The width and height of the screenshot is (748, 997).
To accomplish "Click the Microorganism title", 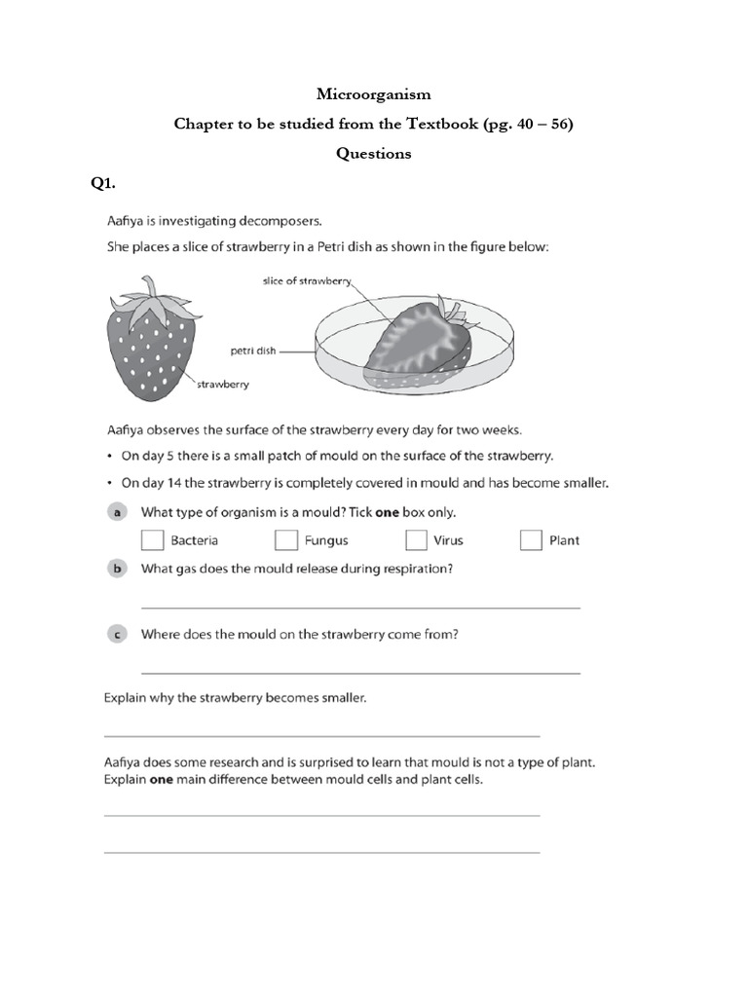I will [373, 94].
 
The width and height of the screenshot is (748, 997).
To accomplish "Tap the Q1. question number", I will [104, 182].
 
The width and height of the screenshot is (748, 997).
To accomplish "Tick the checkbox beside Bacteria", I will [153, 540].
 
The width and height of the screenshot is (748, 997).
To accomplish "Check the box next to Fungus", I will [286, 540].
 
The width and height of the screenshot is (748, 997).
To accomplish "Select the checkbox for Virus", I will [417, 540].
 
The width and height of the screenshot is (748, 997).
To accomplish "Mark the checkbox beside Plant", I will [531, 540].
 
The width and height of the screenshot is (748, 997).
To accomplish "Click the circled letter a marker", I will [116, 511].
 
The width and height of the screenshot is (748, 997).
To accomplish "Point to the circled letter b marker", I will [116, 570].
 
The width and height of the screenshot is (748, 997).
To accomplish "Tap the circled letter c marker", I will [116, 634].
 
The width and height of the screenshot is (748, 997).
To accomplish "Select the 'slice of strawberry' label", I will [306, 281].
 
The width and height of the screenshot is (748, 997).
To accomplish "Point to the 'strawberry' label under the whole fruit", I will [223, 385].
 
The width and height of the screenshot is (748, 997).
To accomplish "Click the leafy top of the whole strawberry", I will [148, 297].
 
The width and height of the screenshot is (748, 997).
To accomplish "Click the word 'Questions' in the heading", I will [373, 153].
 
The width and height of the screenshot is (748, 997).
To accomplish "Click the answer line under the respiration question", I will [360, 608].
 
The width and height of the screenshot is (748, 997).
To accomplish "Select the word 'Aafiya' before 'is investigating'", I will [128, 222].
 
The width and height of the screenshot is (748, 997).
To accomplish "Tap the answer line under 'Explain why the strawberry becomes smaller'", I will [321, 736].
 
